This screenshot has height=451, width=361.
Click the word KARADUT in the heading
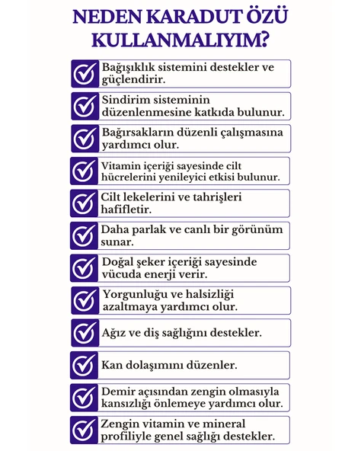(178, 18)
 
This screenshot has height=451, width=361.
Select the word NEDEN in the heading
(104, 18)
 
